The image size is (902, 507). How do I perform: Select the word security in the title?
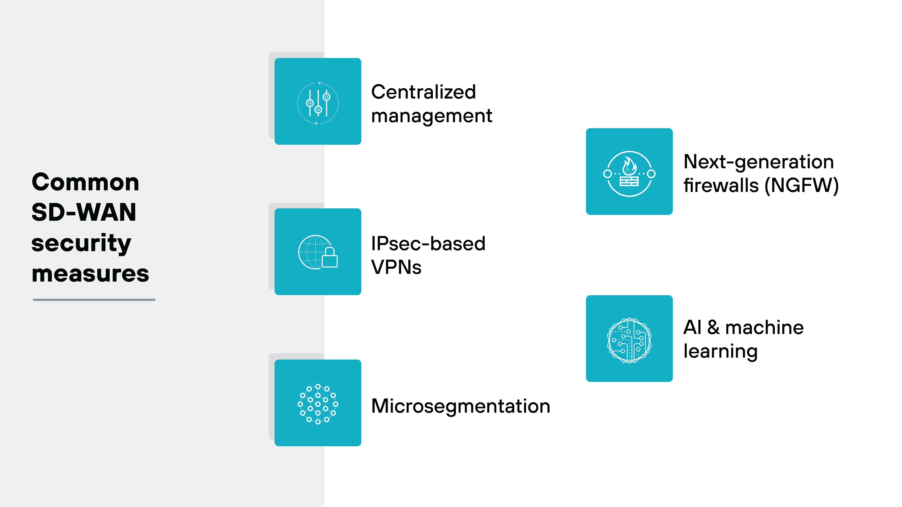81,243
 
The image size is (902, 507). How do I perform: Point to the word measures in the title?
90,274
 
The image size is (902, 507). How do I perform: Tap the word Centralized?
423,92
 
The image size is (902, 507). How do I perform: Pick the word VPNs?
396,267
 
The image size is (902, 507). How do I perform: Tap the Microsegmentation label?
460,406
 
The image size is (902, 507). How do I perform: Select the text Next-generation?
758,162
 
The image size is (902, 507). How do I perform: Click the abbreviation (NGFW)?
802,185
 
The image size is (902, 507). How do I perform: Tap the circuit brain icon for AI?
629,340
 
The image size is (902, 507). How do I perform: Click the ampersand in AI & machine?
713,327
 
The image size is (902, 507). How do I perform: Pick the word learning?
720,351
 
